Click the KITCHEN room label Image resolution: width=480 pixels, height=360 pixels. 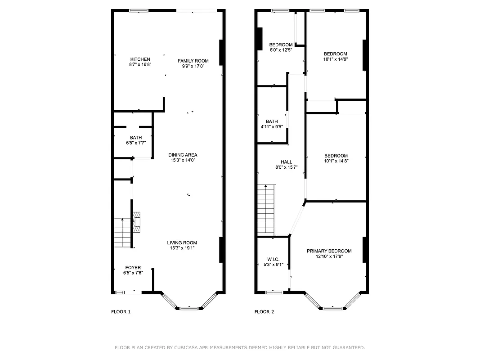click(x=140, y=59)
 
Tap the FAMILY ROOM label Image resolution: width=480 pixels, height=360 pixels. click(x=193, y=61)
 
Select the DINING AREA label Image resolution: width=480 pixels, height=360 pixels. click(x=183, y=155)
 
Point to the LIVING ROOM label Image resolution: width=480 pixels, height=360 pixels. click(x=182, y=243)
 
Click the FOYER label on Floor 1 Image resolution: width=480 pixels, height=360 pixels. click(x=133, y=268)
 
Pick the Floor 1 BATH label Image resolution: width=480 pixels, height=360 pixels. click(x=136, y=138)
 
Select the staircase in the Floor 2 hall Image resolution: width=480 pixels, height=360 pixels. click(x=266, y=210)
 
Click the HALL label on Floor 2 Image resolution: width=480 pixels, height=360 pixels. click(x=286, y=162)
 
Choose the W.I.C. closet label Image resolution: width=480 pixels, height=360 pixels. click(x=273, y=259)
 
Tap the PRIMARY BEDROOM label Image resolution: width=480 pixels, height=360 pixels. click(x=329, y=251)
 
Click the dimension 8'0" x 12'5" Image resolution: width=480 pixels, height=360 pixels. click(x=281, y=50)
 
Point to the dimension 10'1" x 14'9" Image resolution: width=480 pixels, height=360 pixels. click(x=335, y=59)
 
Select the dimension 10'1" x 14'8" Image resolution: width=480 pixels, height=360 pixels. click(x=336, y=161)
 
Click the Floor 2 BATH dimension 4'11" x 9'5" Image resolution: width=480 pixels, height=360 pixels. click(x=272, y=126)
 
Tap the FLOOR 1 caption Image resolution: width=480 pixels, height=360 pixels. click(x=121, y=311)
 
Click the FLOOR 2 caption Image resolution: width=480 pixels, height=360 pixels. click(x=264, y=311)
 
